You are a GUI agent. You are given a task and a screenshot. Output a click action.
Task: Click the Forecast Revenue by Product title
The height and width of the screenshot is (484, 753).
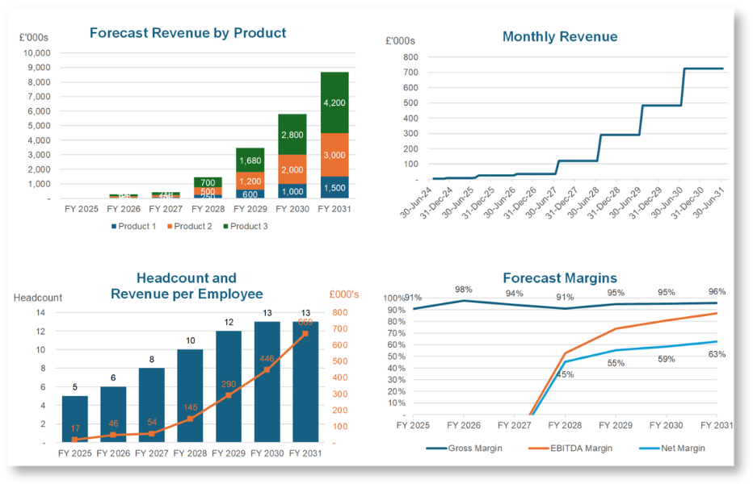coord(187,33)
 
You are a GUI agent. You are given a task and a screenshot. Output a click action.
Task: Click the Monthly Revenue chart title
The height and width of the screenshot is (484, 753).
coord(560,37)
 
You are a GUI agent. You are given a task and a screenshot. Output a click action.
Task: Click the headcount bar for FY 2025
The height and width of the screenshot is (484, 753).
coord(75,419)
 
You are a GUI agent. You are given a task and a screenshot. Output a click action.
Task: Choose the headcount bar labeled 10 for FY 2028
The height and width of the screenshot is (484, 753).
coord(190,395)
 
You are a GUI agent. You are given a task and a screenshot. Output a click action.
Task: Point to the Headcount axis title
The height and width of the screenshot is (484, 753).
coord(38,298)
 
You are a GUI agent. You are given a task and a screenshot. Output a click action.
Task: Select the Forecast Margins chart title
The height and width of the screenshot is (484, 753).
coord(560,278)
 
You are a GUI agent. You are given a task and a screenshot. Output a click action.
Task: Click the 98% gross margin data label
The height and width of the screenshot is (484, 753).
coord(463,290)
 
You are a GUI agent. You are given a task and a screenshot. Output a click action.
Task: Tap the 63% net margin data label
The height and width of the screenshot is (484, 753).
coord(717,354)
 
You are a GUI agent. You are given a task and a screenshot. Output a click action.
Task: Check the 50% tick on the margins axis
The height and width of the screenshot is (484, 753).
coord(397,357)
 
